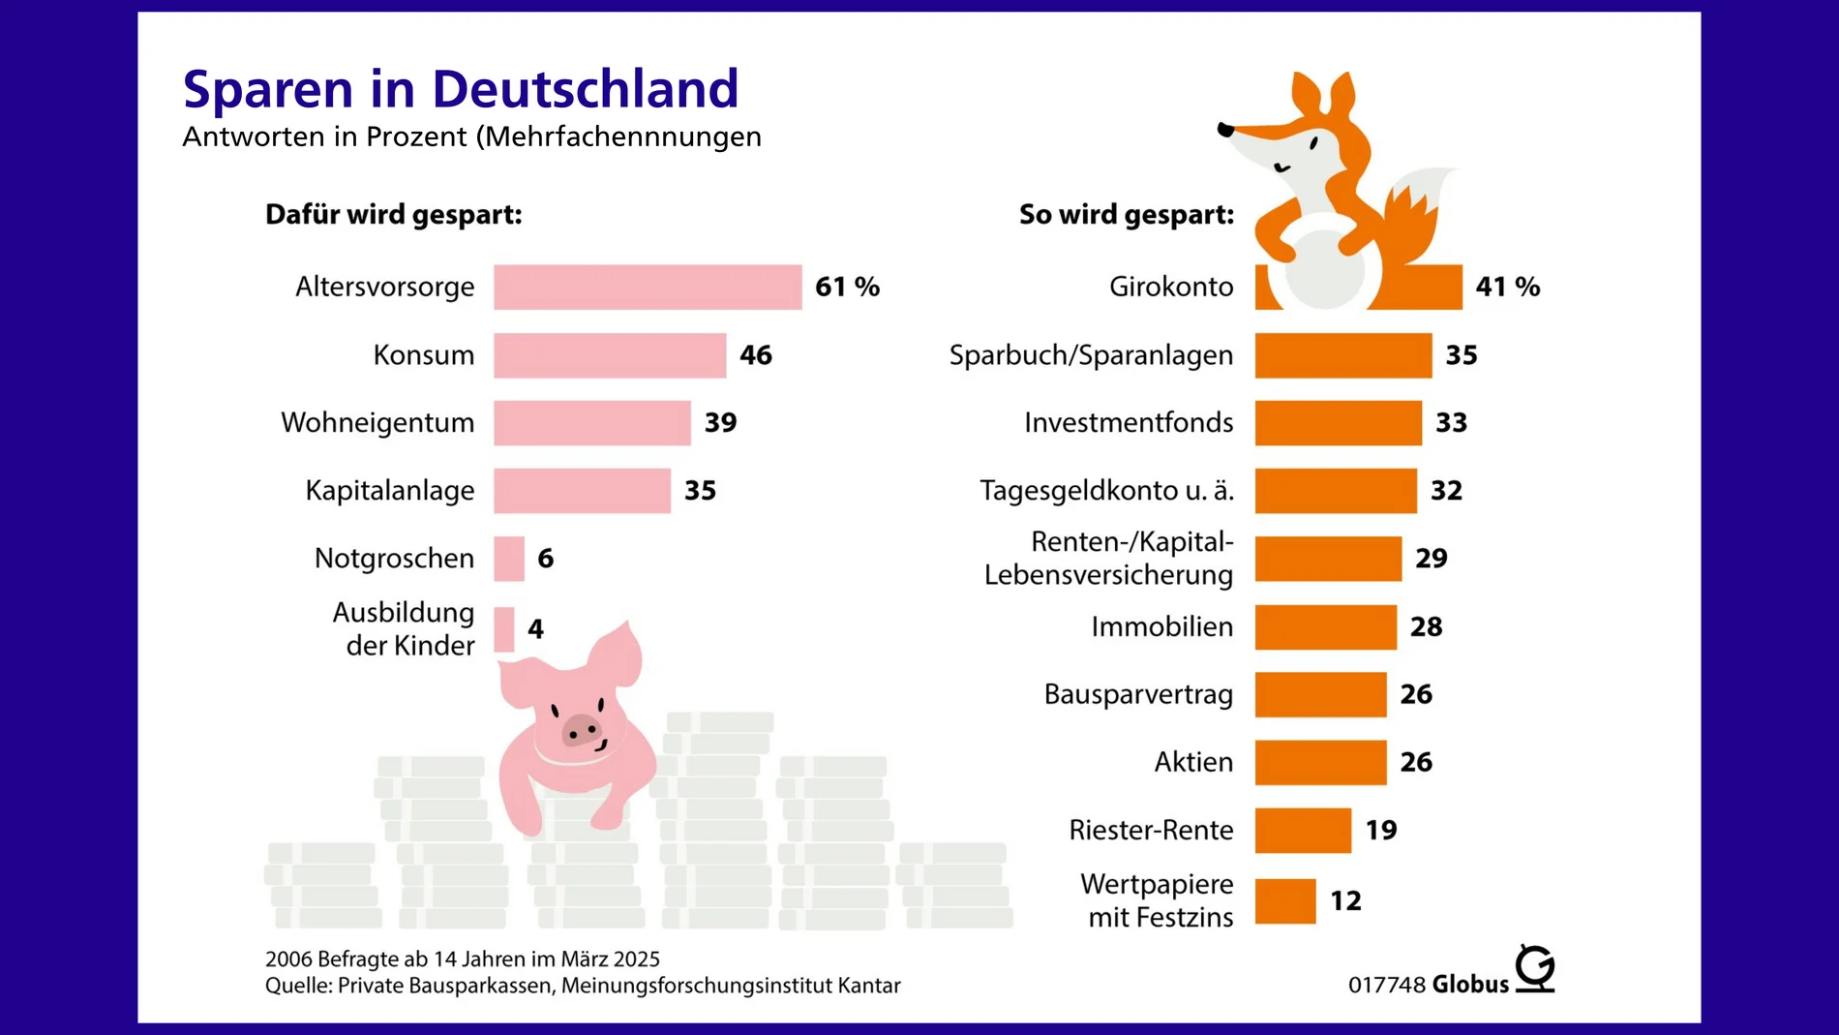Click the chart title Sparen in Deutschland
[x=461, y=89]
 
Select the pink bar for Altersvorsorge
[x=647, y=287]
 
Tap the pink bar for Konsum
[x=609, y=355]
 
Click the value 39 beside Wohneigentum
[x=720, y=423]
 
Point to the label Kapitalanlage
[x=389, y=491]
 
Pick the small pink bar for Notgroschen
[x=508, y=559]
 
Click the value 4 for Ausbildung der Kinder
[x=535, y=629]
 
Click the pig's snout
[x=581, y=731]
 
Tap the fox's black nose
[x=1225, y=129]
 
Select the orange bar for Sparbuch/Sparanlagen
[x=1342, y=355]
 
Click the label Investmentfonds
[x=1129, y=423]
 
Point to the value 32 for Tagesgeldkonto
[x=1446, y=491]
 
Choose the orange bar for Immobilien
[x=1325, y=627]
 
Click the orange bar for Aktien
[x=1320, y=763]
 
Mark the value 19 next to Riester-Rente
[x=1381, y=831]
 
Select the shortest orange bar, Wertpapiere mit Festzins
[x=1284, y=901]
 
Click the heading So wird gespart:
[x=1127, y=215]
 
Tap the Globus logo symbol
[x=1534, y=968]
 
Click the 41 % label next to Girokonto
[x=1507, y=288]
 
